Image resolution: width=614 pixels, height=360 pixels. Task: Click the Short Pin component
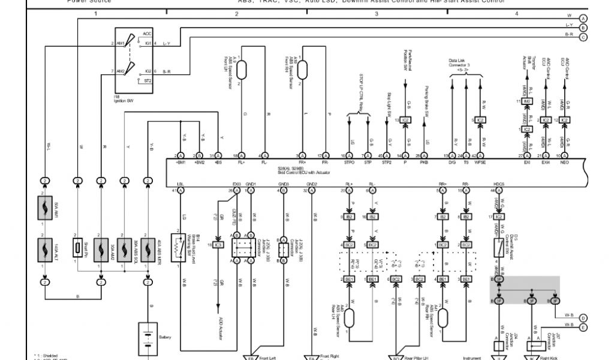tap(77, 248)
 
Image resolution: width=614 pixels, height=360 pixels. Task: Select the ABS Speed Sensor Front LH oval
tap(242, 70)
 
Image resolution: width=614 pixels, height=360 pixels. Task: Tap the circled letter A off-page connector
tap(583, 17)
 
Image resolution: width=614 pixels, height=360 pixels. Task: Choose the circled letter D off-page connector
tap(583, 318)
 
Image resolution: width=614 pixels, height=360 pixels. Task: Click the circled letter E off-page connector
tap(583, 327)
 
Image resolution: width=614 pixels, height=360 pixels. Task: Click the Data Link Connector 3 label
tap(460, 64)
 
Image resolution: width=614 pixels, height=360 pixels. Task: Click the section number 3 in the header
tap(376, 13)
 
